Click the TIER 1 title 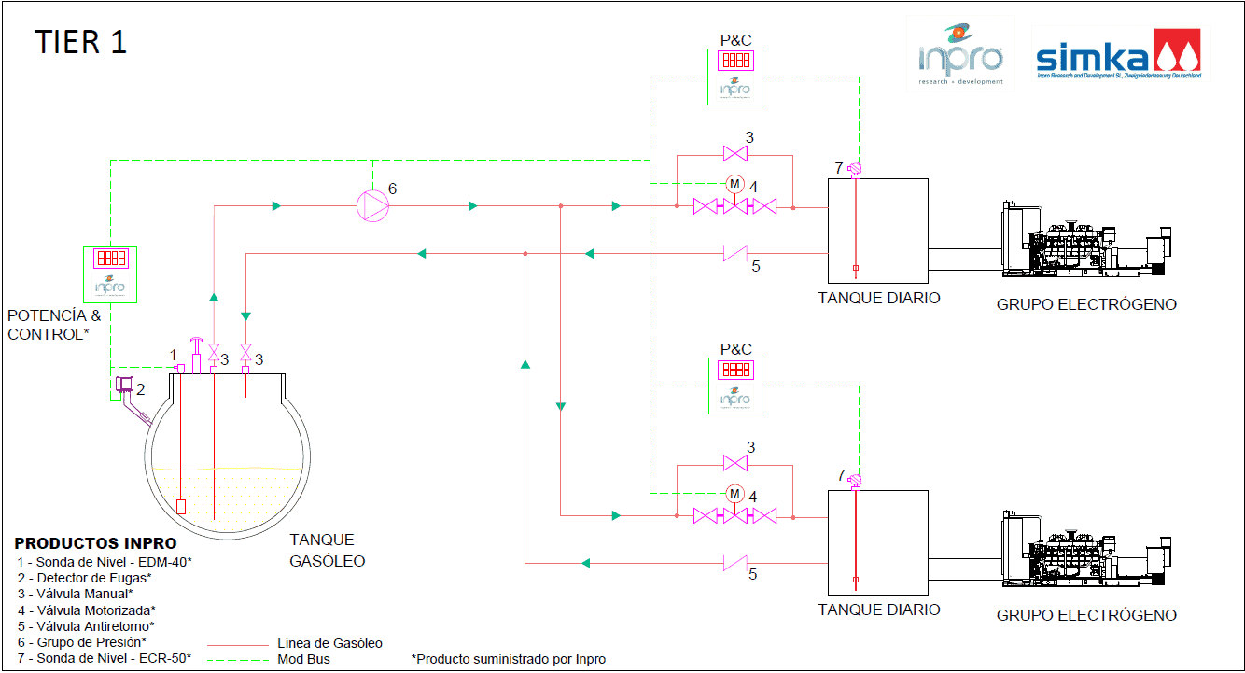(x=81, y=42)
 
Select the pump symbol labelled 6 (x=372, y=205)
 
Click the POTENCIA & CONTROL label (x=54, y=325)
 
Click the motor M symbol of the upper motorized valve (x=734, y=183)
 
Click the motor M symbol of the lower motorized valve (x=734, y=493)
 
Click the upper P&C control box (x=735, y=77)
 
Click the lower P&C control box (x=735, y=386)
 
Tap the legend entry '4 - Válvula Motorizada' (x=87, y=610)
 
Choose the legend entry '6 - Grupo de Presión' (x=82, y=642)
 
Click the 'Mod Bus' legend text (x=304, y=659)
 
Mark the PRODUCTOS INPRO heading (x=95, y=543)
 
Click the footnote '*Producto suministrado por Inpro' (x=509, y=659)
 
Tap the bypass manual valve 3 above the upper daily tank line (x=734, y=153)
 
